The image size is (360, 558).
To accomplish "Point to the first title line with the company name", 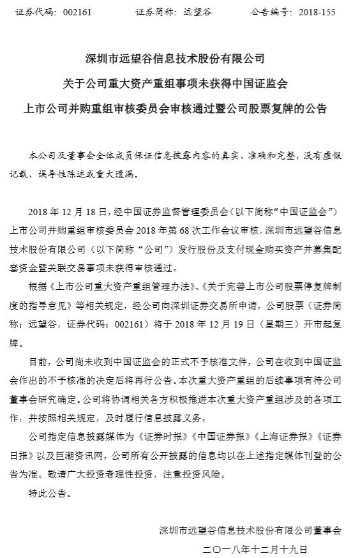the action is pos(179,59).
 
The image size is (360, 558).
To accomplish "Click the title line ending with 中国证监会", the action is pos(179,84).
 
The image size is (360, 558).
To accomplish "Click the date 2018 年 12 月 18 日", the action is pos(70,210).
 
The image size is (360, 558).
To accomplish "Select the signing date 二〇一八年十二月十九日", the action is pos(255,548).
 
